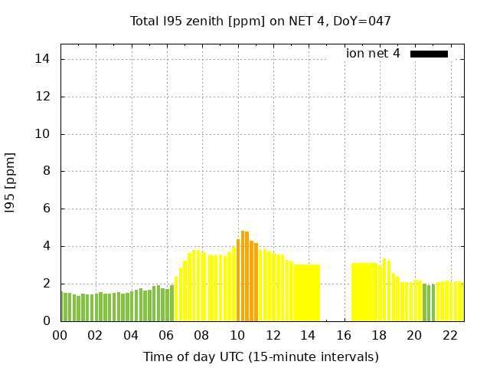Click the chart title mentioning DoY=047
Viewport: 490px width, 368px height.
(x=260, y=21)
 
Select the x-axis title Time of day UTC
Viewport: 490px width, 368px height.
(x=260, y=356)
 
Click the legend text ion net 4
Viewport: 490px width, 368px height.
(x=373, y=54)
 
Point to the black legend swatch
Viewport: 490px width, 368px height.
(x=429, y=54)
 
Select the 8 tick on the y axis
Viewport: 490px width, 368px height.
(x=46, y=172)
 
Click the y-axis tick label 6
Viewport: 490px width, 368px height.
(x=46, y=209)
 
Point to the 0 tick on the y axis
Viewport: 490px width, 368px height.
(x=46, y=321)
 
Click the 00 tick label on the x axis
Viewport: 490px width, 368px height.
(x=60, y=335)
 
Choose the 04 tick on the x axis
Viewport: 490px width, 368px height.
(x=131, y=335)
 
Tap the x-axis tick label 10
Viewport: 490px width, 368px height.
(x=237, y=335)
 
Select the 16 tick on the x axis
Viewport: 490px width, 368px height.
(x=344, y=335)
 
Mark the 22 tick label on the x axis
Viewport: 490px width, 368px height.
(x=450, y=335)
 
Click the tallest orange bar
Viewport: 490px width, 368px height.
(x=243, y=276)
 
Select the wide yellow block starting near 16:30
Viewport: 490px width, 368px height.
(x=364, y=292)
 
